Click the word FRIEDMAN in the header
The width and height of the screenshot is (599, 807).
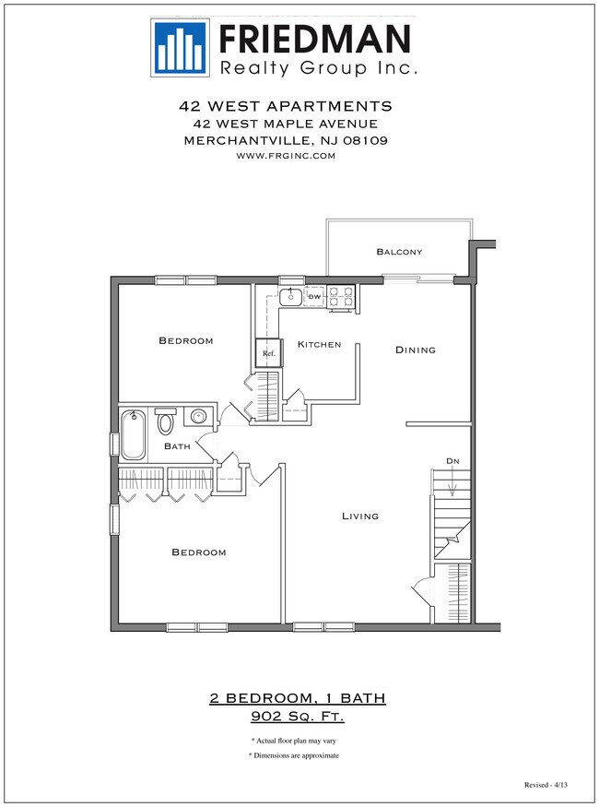click(x=313, y=39)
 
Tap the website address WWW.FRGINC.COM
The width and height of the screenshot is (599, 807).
click(x=286, y=156)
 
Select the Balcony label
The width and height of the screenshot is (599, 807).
click(x=399, y=252)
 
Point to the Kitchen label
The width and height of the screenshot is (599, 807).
click(x=319, y=345)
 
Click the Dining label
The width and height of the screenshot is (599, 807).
click(x=415, y=350)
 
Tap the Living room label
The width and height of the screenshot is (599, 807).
click(x=359, y=516)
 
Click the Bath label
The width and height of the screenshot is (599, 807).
click(x=177, y=446)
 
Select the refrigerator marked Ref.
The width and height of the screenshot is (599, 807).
click(x=269, y=353)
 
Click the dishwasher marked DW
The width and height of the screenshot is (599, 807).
click(x=314, y=297)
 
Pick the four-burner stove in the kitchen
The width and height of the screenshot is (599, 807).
click(x=341, y=296)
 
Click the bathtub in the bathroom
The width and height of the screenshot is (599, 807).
click(x=134, y=435)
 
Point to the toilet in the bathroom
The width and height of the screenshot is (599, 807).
click(x=167, y=421)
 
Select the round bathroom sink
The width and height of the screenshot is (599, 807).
click(x=198, y=418)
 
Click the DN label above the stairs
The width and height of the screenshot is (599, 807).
click(x=452, y=460)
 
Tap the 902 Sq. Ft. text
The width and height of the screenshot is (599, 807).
click(x=297, y=716)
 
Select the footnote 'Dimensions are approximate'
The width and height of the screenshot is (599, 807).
click(x=294, y=755)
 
